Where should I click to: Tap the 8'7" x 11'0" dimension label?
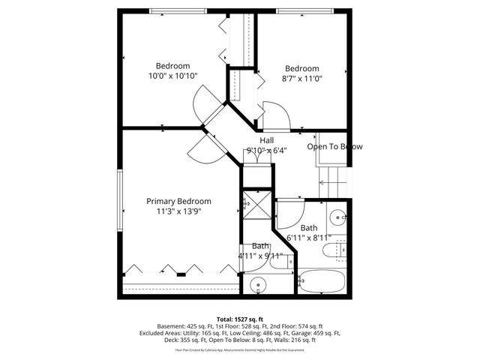[x=301, y=78]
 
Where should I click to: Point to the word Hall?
[x=266, y=140]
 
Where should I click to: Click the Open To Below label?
[x=334, y=147]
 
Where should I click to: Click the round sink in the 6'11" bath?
[x=338, y=217]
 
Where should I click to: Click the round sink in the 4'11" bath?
[x=259, y=285]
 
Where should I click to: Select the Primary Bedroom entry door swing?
[x=199, y=148]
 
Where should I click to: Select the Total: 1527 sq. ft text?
[x=240, y=319]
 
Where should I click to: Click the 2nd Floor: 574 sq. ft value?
[x=294, y=326]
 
